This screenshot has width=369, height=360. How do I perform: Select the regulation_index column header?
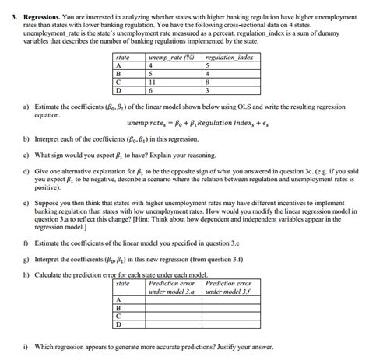point(227,58)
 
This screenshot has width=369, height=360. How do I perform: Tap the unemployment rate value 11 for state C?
point(152,82)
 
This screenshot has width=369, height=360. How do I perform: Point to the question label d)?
point(26,170)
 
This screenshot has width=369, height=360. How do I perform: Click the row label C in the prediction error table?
point(118,316)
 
